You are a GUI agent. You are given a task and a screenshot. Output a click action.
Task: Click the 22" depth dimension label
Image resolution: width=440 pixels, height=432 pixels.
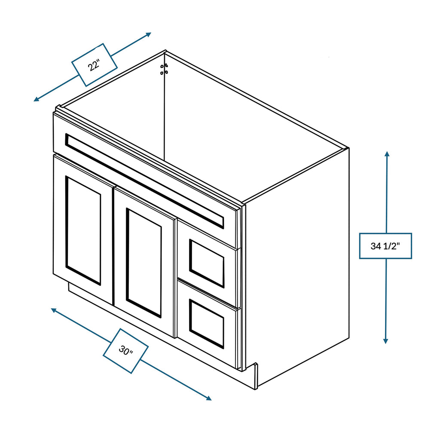(94, 65)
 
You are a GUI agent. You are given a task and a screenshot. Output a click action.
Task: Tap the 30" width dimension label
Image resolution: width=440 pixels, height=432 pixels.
(126, 351)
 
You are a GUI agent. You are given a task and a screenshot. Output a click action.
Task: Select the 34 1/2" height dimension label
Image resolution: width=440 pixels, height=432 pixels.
(385, 246)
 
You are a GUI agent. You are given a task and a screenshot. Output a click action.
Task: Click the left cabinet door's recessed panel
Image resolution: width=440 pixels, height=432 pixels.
(83, 230)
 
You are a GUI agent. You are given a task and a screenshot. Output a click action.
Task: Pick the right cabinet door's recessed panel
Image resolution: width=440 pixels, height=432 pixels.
(144, 263)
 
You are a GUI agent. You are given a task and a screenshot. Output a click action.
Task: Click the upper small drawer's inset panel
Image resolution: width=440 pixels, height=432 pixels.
(207, 263)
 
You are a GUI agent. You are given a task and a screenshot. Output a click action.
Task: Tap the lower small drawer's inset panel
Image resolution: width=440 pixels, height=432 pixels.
(207, 324)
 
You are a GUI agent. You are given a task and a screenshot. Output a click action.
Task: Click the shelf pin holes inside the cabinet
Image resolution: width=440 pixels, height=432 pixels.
(163, 69)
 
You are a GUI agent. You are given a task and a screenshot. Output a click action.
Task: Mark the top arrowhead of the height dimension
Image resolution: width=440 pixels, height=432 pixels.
(387, 154)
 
